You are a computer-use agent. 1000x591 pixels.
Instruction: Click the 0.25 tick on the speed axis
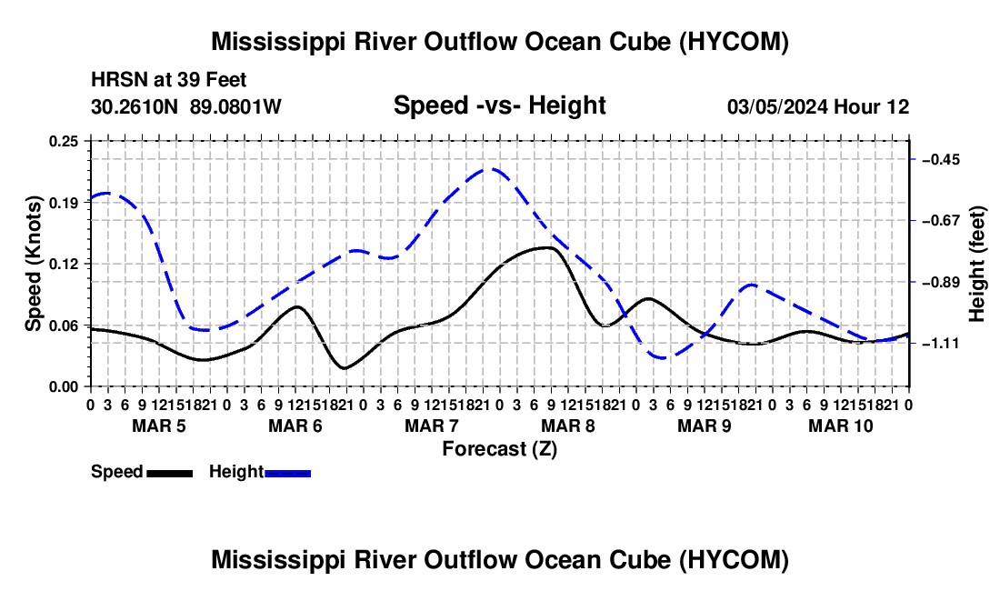tap(63, 141)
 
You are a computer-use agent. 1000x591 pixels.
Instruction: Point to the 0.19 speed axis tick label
tap(63, 203)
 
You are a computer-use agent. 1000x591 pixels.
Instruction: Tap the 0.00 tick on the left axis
tap(63, 387)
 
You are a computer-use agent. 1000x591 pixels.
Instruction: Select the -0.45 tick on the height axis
tap(941, 159)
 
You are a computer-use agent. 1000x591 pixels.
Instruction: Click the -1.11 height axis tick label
tap(941, 344)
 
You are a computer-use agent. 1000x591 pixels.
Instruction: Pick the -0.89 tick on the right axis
tap(941, 283)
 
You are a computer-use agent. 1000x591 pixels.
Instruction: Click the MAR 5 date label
tap(159, 426)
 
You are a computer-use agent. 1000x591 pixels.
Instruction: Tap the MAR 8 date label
tap(567, 426)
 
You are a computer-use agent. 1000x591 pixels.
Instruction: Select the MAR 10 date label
tap(841, 426)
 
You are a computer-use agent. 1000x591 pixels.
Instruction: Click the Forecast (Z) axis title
tap(499, 449)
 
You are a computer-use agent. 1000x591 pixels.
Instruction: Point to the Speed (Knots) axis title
tap(33, 264)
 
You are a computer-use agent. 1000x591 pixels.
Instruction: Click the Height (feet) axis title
tap(976, 264)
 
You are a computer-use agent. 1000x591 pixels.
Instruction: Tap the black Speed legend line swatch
tap(170, 474)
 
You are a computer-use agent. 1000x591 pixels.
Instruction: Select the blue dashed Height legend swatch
tap(287, 474)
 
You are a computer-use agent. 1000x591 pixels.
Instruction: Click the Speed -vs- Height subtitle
tap(499, 105)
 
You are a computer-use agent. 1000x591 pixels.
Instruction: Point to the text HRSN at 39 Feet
tap(168, 80)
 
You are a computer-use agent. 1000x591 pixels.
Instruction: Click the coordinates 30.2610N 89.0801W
tap(186, 106)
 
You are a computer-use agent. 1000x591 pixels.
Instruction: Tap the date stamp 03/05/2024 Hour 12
tap(818, 106)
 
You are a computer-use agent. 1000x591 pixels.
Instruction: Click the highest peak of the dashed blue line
tap(490, 169)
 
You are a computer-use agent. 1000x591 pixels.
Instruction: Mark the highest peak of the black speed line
tap(547, 247)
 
